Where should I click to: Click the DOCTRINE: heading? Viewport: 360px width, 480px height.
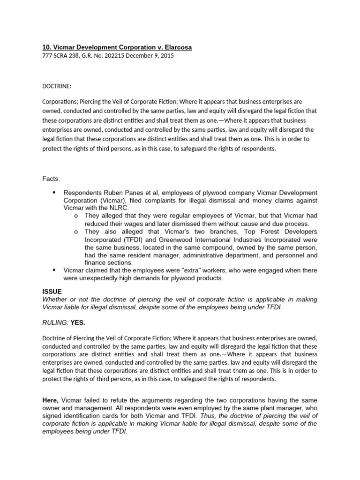tap(58, 86)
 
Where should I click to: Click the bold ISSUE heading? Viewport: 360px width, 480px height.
tap(52, 291)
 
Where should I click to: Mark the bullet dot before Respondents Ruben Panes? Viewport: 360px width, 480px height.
tap(53, 193)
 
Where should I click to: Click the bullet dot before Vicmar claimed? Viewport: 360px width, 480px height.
tap(53, 270)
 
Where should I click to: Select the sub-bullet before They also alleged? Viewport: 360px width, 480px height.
tap(76, 232)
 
